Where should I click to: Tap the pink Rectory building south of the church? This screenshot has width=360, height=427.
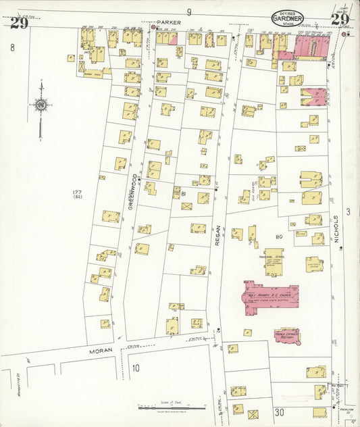287,334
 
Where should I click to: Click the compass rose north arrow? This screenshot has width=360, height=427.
41,105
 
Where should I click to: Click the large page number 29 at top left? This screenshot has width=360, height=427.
18,23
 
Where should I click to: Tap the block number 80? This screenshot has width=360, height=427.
278,237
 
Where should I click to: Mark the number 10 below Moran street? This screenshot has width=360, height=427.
136,368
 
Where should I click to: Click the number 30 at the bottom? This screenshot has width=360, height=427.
280,412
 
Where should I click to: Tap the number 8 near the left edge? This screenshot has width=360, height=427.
12,47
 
